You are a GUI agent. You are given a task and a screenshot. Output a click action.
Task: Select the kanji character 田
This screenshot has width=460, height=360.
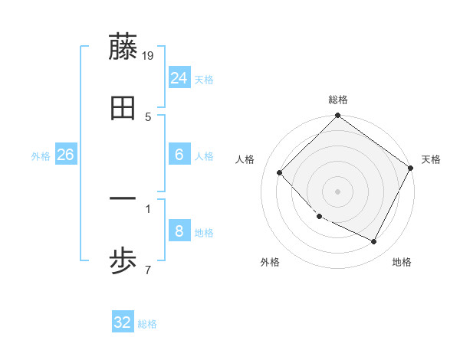(123, 109)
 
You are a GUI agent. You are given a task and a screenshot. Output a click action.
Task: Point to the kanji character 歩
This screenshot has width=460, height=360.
(123, 262)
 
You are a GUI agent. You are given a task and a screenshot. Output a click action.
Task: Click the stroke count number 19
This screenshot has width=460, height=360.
(149, 55)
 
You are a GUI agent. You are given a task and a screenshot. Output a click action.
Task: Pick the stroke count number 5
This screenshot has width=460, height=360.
(148, 116)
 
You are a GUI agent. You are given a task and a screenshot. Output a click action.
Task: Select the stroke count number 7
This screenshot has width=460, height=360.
(148, 270)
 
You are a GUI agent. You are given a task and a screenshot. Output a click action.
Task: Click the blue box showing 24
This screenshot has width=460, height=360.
(179, 78)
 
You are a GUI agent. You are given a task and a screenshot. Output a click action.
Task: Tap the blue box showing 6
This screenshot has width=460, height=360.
(179, 155)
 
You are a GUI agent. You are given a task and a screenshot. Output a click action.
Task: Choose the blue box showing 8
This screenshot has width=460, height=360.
(179, 231)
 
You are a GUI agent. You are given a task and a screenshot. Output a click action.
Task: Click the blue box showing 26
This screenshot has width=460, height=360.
(66, 155)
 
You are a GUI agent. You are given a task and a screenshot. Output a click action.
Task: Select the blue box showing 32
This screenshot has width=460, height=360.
(123, 322)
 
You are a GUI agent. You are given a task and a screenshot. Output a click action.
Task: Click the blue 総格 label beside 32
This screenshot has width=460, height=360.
(147, 324)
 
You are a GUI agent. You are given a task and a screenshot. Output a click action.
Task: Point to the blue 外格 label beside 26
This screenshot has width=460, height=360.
(41, 156)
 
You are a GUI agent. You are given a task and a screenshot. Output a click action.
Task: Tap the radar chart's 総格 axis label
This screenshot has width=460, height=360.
(338, 100)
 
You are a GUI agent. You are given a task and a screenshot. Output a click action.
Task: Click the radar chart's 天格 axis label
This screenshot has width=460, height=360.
(432, 159)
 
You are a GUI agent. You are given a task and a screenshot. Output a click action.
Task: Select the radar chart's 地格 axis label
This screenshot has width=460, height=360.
(402, 262)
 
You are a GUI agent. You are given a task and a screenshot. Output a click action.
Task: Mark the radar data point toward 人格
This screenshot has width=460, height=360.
(280, 172)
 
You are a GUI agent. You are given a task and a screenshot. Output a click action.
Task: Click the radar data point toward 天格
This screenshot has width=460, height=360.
(411, 168)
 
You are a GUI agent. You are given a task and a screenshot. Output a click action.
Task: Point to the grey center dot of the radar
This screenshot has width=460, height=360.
(338, 191)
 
